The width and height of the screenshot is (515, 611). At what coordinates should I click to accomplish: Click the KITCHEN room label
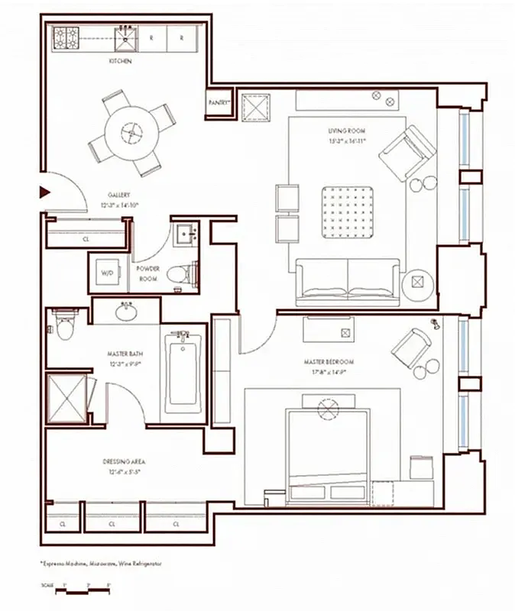coord(119,61)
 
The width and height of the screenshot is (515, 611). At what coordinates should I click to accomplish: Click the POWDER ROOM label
coord(147,273)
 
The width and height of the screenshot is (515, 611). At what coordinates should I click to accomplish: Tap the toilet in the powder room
coord(179,273)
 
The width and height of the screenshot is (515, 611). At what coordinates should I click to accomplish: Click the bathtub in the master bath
coord(183,371)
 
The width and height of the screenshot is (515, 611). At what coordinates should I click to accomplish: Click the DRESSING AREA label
coord(124,467)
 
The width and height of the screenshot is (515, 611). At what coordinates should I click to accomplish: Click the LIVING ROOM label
coord(347,136)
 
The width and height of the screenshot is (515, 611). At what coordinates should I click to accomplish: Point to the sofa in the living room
coord(348,278)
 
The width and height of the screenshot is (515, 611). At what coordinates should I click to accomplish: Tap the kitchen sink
coord(125,36)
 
